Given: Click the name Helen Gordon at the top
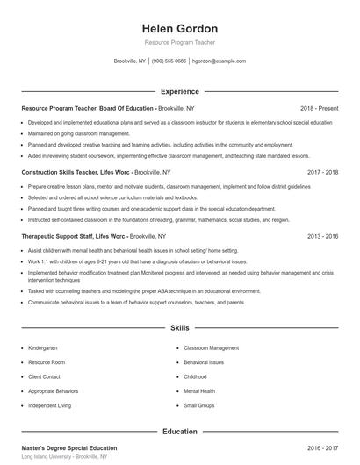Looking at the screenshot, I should [x=179, y=25].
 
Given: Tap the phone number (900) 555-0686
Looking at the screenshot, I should [x=169, y=61].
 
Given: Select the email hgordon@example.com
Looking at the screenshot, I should [x=219, y=61].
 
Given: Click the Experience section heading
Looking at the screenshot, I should [x=179, y=91].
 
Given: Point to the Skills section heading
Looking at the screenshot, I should [x=179, y=328].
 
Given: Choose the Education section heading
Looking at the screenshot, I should [x=179, y=432].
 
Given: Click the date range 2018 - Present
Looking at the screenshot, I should [x=318, y=108].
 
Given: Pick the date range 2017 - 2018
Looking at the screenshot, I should [x=322, y=173].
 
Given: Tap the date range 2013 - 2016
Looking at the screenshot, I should [x=322, y=237].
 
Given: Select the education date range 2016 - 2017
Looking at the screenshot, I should [x=322, y=447].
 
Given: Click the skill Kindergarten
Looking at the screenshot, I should [x=43, y=347].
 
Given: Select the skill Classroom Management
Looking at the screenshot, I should [x=211, y=347].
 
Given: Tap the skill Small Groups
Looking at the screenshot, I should [x=199, y=405].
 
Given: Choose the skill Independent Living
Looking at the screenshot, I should [x=51, y=405].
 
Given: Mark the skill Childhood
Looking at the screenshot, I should [x=196, y=376].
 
